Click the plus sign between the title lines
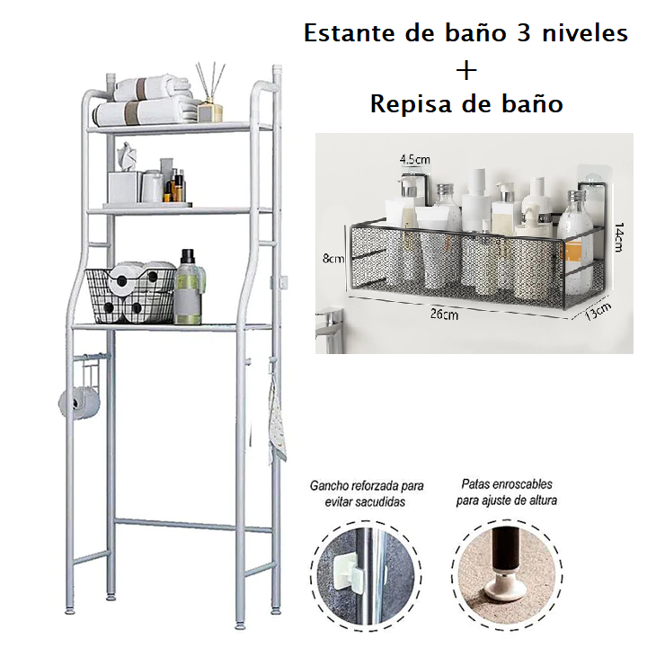(466, 70)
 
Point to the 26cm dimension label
(444, 315)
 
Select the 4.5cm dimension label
(414, 160)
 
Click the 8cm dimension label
(334, 259)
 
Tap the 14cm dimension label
(619, 236)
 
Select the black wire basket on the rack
(131, 293)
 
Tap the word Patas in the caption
(476, 483)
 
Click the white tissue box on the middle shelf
(123, 186)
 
